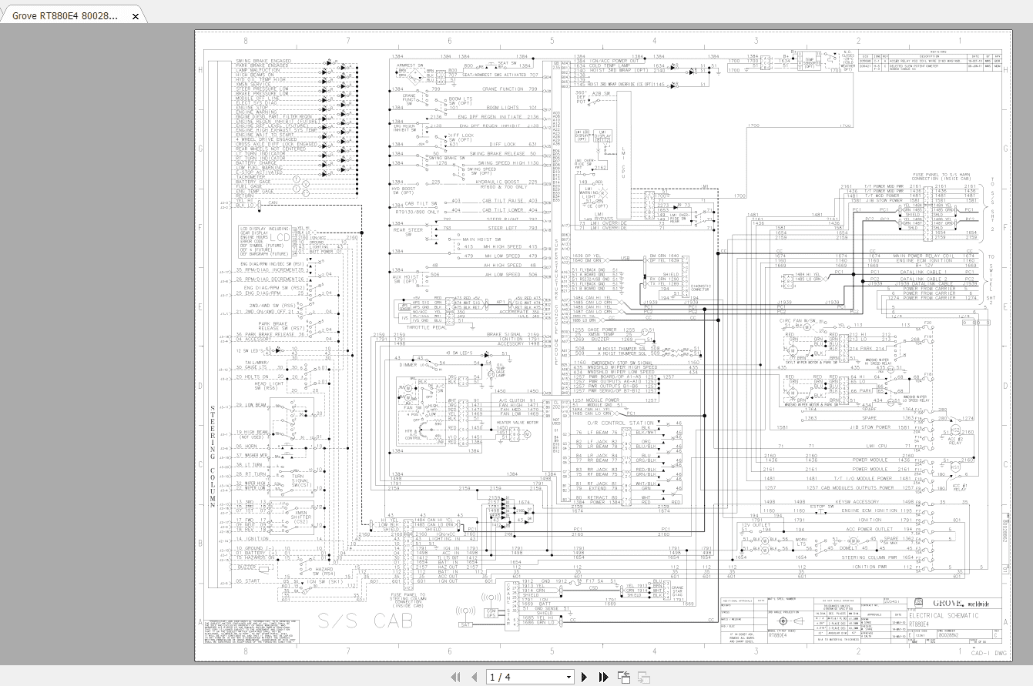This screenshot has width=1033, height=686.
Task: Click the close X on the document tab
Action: tap(136, 16)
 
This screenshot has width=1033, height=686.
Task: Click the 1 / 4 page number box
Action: tap(530, 677)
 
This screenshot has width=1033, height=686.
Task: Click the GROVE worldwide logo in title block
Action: tap(958, 602)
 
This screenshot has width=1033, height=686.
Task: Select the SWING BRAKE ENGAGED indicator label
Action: tap(263, 61)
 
